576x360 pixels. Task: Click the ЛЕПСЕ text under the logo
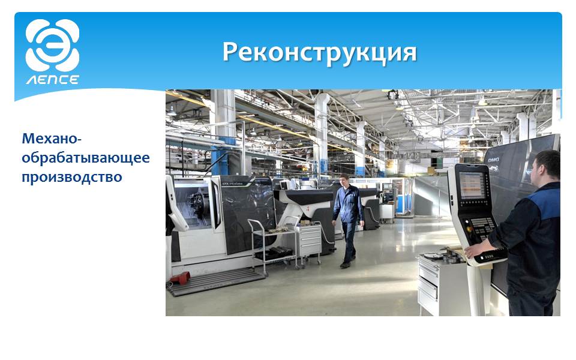53,80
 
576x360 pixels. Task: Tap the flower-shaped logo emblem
53,45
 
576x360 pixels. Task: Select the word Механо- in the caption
52,139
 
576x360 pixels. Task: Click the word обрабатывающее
86,158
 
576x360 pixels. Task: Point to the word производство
72,177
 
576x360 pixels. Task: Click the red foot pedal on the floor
180,278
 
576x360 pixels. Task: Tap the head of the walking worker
344,180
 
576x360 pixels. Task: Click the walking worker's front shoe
345,265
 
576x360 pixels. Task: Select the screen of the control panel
472,185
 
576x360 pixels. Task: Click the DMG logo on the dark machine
493,161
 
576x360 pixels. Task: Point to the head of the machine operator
545,169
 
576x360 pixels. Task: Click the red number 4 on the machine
308,208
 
